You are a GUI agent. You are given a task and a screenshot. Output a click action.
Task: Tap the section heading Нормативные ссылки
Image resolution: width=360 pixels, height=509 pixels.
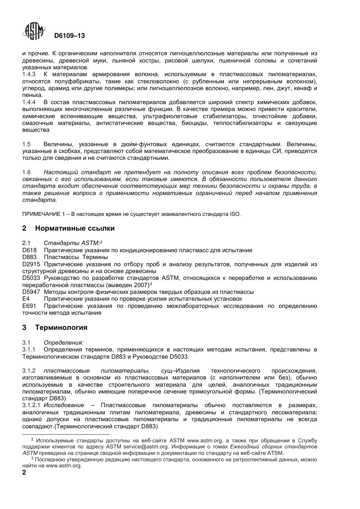[x=75, y=228]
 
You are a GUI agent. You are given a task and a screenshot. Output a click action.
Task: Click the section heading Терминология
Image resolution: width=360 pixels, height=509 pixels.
[x=61, y=327]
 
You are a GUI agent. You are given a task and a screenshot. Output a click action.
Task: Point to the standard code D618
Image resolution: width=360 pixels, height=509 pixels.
[x=29, y=250]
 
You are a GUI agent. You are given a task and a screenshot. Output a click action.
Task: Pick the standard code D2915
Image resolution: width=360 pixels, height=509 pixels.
[x=31, y=264]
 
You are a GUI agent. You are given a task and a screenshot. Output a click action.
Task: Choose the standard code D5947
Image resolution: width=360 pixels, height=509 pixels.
[x=31, y=292]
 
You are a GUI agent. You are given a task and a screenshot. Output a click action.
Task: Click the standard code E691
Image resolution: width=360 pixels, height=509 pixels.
[x=28, y=306]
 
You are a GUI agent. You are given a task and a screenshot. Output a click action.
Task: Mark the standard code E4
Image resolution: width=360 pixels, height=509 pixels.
[x=26, y=299]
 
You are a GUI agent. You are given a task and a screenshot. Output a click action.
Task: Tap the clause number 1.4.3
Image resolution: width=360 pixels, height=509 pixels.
[x=29, y=75]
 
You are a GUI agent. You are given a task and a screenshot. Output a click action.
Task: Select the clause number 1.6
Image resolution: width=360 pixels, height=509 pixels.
[x=26, y=172]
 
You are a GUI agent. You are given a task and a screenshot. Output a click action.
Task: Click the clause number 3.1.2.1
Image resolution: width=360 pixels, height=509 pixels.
[x=32, y=406]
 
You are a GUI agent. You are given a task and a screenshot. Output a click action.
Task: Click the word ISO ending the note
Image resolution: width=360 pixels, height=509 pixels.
[x=235, y=214]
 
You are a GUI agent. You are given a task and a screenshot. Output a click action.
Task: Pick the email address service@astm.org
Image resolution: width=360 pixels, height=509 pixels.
[x=146, y=447]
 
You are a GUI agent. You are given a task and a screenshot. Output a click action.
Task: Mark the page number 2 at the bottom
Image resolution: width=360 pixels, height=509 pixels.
[x=24, y=473]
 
